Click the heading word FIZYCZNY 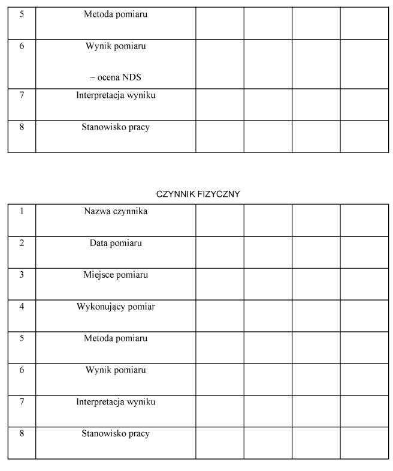[219, 194]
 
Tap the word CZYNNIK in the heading [174, 194]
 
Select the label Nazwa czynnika [116, 211]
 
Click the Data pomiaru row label [116, 243]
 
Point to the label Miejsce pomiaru [116, 275]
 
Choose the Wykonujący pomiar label [116, 307]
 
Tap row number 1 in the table [22, 211]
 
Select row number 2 [22, 243]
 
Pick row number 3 [22, 275]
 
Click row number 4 [22, 307]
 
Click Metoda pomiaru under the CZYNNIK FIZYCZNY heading [116, 338]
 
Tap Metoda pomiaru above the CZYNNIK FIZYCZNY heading [116, 14]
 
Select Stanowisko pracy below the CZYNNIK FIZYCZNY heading [116, 433]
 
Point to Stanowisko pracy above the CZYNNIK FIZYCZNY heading [116, 127]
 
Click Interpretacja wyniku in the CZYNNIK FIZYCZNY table [116, 401]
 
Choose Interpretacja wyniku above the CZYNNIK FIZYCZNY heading [116, 95]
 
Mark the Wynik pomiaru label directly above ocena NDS [116, 46]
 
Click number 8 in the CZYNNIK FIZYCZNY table [22, 433]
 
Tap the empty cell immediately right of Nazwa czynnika [219, 220]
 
